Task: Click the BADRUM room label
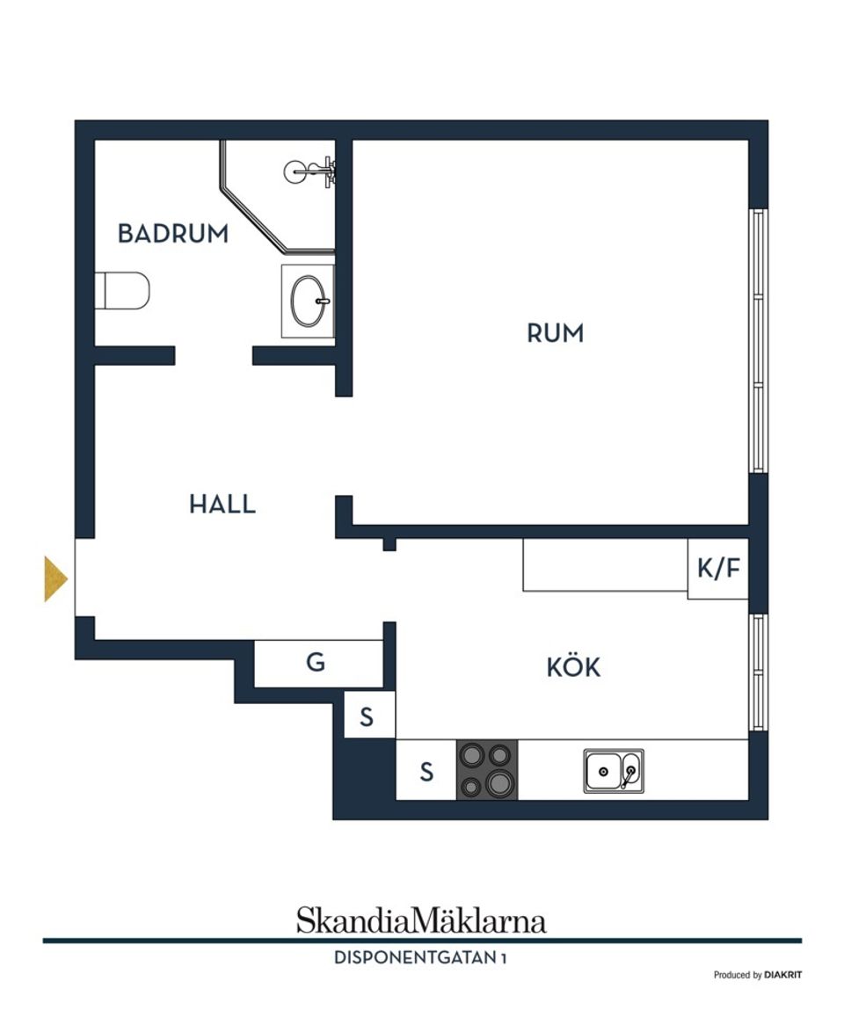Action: click(173, 234)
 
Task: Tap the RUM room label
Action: click(555, 334)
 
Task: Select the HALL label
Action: click(222, 505)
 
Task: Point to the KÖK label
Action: click(573, 668)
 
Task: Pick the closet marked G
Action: click(316, 663)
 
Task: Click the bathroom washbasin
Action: click(308, 301)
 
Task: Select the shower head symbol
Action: click(308, 171)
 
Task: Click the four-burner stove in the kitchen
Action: click(486, 770)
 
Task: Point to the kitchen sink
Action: click(614, 771)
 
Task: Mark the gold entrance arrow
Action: click(55, 579)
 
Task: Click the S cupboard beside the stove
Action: click(426, 772)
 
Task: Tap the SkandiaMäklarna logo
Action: click(421, 920)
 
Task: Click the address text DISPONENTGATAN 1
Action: click(420, 958)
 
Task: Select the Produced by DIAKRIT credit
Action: click(757, 975)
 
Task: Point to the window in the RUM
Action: click(758, 341)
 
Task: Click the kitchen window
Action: click(758, 672)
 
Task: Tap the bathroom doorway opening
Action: click(214, 356)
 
